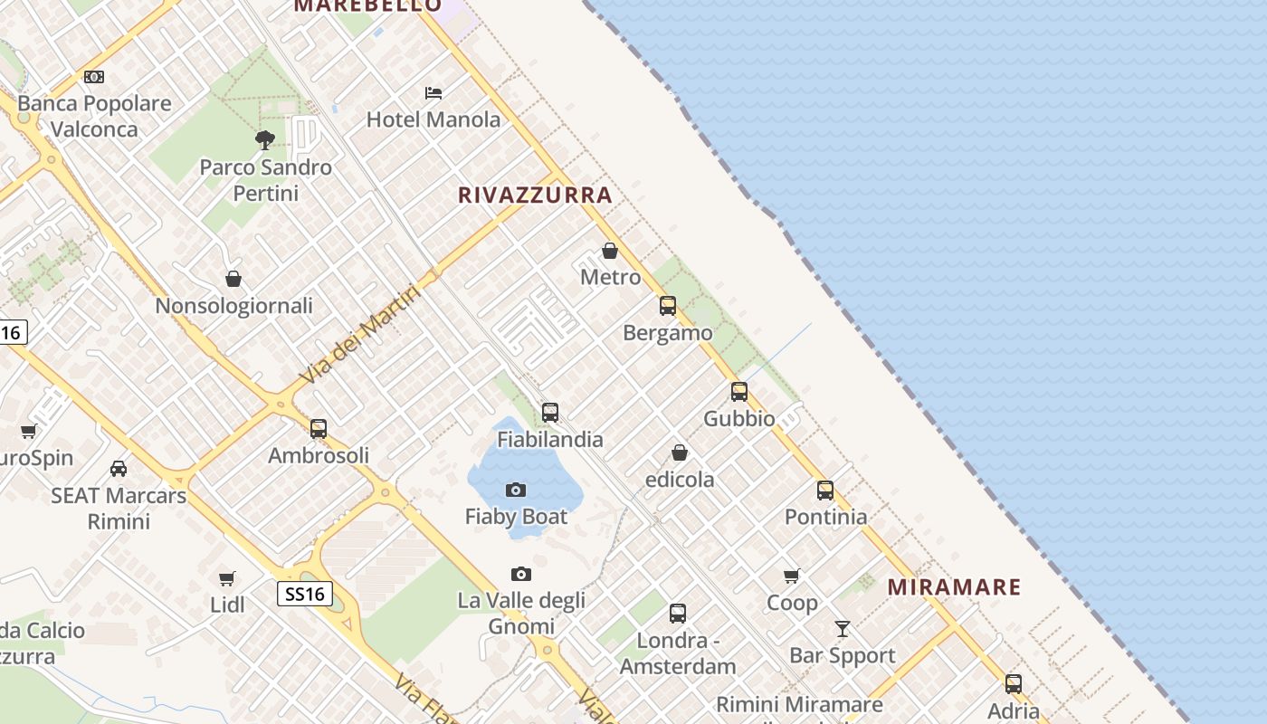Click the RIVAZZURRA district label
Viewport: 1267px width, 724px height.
coord(535,195)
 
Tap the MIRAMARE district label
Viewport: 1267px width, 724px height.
coord(954,586)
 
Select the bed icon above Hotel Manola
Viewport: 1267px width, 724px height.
coord(433,92)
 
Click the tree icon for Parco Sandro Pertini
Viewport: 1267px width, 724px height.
coord(265,139)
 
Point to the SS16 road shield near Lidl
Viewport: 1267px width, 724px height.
coord(304,594)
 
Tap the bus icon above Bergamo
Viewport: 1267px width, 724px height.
coord(668,306)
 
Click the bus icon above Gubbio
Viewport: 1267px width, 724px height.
coord(739,392)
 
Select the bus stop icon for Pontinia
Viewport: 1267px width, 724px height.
coord(825,491)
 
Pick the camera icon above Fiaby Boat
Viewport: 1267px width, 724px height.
coord(516,490)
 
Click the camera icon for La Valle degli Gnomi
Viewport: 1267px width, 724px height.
coord(521,574)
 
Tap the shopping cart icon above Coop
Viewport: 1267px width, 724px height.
coord(792,576)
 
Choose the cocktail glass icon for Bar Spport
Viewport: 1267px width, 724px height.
coord(843,628)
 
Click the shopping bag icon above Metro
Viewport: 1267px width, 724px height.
coord(610,251)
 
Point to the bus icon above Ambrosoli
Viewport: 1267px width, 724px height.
coord(319,429)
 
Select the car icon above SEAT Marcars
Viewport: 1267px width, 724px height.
coord(119,468)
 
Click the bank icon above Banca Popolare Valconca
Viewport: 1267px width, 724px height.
coord(94,77)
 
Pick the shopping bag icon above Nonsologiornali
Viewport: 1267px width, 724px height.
coord(233,279)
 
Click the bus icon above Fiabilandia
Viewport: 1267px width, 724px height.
coord(550,413)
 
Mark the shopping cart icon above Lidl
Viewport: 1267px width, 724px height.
coord(227,578)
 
